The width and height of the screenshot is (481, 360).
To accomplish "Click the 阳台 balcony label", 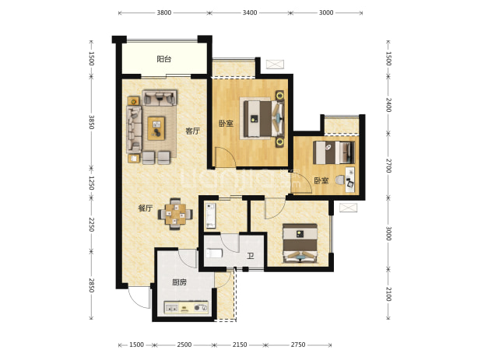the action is point(163,59).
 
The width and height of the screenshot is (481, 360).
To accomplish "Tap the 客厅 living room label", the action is point(192,131).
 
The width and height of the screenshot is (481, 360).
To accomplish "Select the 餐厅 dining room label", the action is point(146,208).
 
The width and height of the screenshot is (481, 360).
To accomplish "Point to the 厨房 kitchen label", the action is point(179,282).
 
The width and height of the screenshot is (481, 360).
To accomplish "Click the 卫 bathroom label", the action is point(251,256).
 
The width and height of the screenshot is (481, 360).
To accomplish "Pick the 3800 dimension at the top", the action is point(164,12).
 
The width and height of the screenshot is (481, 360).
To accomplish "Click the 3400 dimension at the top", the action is point(250,12).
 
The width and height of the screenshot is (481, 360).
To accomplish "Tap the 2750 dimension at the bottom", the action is point(298,344).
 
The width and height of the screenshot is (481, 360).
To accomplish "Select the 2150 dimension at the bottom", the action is point(240,344).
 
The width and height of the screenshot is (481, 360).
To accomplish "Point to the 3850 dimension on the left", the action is point(91,122).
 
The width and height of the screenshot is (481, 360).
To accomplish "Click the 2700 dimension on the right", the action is point(388,166).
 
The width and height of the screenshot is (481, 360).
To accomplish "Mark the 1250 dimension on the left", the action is point(91,183).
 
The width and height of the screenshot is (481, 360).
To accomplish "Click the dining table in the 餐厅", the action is point(175,214).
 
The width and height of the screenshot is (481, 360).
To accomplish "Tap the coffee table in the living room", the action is point(156,128).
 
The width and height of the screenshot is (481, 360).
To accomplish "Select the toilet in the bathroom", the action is point(214,253).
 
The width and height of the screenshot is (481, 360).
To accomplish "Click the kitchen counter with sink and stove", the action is point(186,307).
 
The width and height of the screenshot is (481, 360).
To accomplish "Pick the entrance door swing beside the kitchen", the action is point(139,298).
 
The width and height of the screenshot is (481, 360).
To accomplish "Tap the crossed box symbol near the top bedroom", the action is point(275,64).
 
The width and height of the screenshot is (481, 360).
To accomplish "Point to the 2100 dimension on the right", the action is point(388,294).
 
